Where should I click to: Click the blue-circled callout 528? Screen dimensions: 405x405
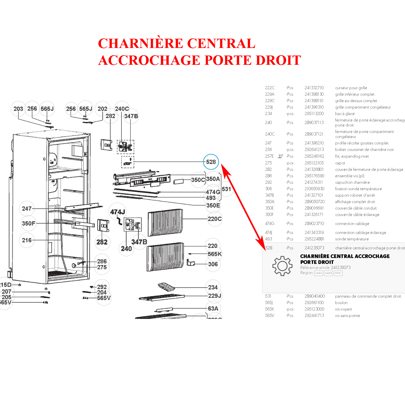tap(211, 162)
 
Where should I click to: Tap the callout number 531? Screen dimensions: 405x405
tap(226, 189)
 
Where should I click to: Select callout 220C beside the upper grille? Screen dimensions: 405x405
tap(215, 219)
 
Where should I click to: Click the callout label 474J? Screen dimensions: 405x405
tap(118, 212)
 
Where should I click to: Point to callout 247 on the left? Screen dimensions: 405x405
tap(27, 209)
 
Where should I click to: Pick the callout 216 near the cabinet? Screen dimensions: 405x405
tap(27, 240)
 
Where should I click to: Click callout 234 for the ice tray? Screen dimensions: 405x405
tap(213, 287)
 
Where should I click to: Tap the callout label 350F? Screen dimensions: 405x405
tap(29, 224)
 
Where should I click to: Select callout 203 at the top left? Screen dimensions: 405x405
tap(18, 109)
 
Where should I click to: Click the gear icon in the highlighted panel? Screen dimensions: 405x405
tap(282, 266)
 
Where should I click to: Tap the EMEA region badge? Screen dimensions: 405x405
tap(319, 273)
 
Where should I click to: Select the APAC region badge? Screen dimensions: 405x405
tap(338, 273)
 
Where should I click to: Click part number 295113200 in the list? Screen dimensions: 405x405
tap(314, 114)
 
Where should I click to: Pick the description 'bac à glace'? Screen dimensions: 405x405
tap(345, 114)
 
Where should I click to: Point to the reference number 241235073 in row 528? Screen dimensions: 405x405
tap(314, 248)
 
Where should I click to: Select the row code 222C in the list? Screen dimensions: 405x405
tap(270, 88)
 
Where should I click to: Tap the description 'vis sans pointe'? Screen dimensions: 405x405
tap(348, 316)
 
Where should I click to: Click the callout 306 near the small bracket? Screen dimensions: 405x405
tap(213, 264)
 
